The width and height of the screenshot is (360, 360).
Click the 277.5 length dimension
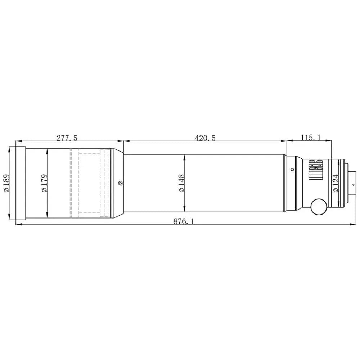click(x=67, y=138)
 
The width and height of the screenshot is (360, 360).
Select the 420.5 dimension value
click(x=205, y=138)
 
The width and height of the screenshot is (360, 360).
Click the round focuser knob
click(x=319, y=206)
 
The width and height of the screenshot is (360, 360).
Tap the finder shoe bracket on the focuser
click(x=316, y=170)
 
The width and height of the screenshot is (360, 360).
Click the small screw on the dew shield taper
click(x=120, y=183)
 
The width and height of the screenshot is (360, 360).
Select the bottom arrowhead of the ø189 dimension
click(x=9, y=217)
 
